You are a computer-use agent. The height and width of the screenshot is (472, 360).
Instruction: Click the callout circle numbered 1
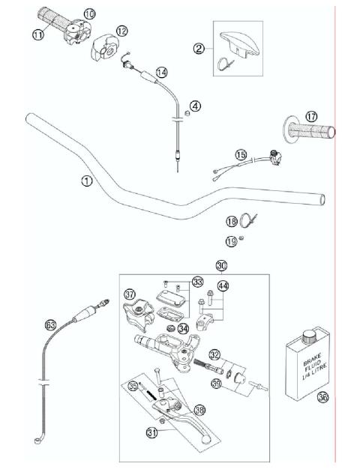[87, 181]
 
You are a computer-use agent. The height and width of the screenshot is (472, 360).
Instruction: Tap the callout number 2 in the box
[199, 49]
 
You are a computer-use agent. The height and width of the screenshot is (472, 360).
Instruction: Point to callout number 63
[50, 324]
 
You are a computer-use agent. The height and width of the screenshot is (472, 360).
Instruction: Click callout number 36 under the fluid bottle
[323, 399]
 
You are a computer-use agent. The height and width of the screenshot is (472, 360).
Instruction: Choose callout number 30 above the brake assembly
[220, 265]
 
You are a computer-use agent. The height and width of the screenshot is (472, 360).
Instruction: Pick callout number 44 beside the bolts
[223, 286]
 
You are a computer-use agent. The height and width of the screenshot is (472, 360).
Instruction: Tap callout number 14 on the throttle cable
[160, 73]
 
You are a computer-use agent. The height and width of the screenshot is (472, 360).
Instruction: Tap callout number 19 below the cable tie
[231, 241]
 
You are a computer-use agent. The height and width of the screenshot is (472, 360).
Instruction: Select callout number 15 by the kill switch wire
[241, 154]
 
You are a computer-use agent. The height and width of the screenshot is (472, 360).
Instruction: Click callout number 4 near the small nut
[195, 106]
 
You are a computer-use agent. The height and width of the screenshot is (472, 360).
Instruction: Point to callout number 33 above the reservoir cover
[198, 282]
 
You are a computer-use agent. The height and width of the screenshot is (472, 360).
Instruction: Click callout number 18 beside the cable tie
[231, 222]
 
